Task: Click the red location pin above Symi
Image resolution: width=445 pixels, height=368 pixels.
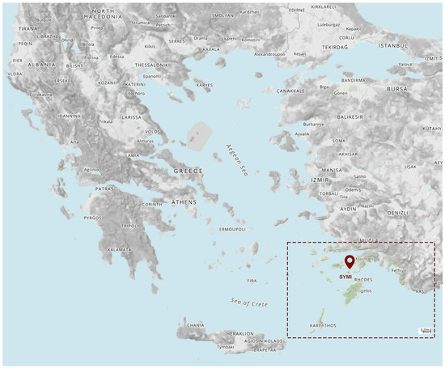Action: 350,261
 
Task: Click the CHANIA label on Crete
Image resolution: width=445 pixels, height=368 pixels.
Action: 197,326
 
